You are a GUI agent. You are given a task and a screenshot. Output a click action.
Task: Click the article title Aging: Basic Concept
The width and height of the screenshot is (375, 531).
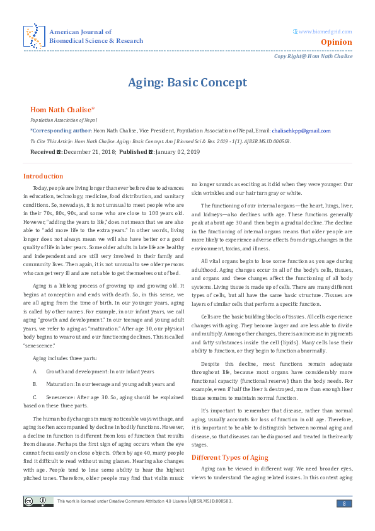tap(187, 83)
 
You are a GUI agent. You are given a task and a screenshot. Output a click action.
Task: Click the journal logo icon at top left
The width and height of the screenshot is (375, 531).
tap(34, 36)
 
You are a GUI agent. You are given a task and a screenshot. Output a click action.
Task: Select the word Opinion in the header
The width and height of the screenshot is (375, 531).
tap(336, 42)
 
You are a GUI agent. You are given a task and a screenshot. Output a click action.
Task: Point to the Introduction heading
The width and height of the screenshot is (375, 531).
tap(43, 176)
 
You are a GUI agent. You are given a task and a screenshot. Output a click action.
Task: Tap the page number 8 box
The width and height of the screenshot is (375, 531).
tap(344, 502)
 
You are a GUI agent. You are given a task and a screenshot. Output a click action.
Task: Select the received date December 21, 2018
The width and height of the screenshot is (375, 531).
tap(88, 153)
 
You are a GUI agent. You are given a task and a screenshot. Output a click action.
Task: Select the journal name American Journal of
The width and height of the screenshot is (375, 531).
tap(81, 32)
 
